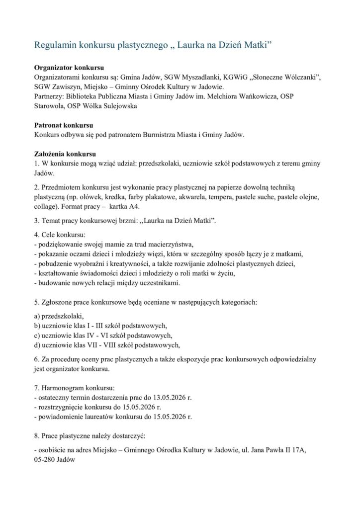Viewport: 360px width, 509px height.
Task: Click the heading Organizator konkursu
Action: [69, 68]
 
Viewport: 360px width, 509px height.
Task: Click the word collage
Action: [45, 207]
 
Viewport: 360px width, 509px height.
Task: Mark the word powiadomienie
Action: [60, 417]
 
